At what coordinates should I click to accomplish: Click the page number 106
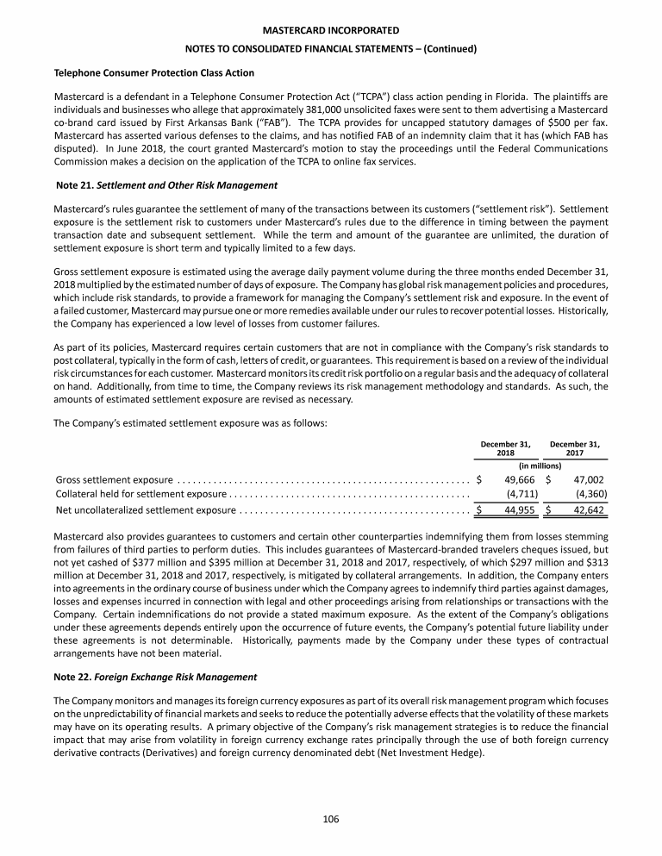[x=331, y=819]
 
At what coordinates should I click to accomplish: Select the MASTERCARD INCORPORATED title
[x=331, y=31]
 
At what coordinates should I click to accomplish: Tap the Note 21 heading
[x=165, y=186]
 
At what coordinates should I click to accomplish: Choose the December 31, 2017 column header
[x=575, y=449]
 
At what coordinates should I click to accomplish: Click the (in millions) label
[x=540, y=465]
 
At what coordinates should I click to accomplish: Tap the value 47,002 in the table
[x=588, y=479]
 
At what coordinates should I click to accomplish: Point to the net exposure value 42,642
[x=588, y=510]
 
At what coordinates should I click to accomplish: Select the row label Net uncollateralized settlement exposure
[x=145, y=510]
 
